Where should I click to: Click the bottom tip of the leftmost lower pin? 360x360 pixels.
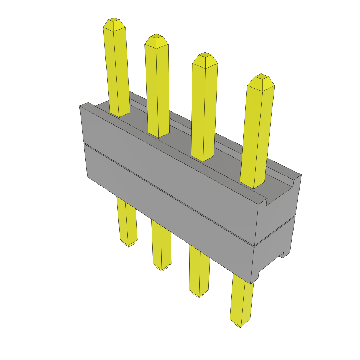point(129,245)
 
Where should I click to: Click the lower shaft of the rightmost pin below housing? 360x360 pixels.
point(242,299)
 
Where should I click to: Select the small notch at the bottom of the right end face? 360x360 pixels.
point(283,255)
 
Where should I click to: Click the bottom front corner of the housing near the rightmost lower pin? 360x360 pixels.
point(251,283)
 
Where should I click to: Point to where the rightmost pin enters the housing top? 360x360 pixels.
point(252,185)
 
